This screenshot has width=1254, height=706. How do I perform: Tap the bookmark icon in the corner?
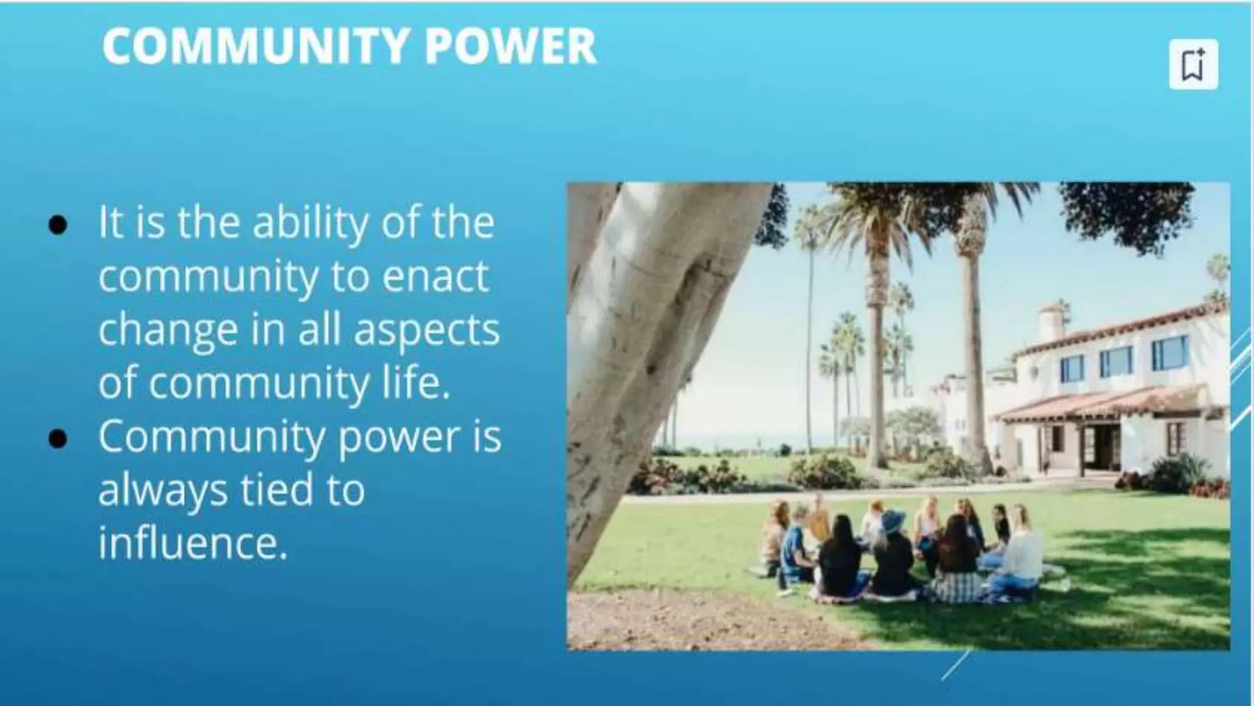click(1193, 65)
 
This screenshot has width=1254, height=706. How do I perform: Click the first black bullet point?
click(58, 224)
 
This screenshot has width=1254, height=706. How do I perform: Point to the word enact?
click(435, 277)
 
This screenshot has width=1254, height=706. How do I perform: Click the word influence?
click(192, 544)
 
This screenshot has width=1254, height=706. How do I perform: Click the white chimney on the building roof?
click(1052, 321)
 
